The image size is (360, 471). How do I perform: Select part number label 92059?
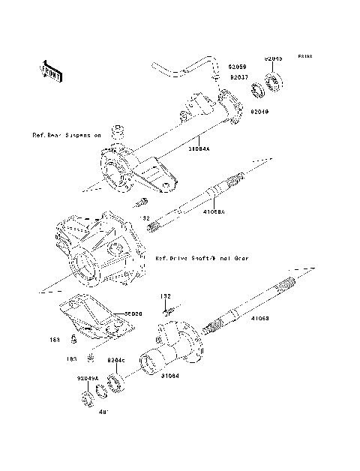(238, 67)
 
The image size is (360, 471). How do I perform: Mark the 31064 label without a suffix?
(170, 376)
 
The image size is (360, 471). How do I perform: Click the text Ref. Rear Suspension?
(65, 136)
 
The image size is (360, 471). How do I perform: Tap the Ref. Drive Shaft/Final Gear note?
(200, 257)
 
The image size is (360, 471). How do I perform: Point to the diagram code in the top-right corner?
(303, 56)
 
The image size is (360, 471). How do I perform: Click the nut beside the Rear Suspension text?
(118, 133)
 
